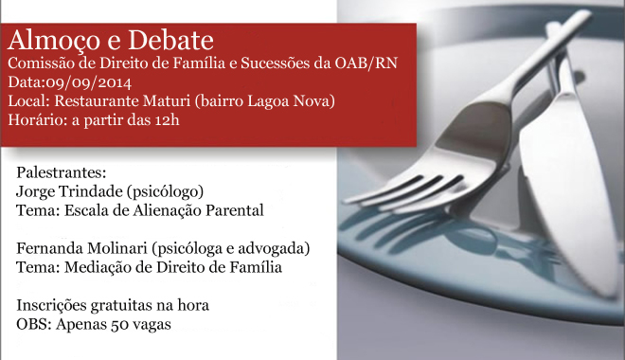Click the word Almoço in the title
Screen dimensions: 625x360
(x=55, y=41)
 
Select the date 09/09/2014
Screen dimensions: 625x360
(x=88, y=82)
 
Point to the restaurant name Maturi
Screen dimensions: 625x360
(x=167, y=100)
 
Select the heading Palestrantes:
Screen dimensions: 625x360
(x=62, y=172)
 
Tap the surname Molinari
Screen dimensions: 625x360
(x=117, y=248)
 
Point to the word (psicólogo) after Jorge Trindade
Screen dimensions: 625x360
(x=166, y=191)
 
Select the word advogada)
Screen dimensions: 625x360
(x=274, y=248)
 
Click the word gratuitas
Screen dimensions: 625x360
(x=121, y=306)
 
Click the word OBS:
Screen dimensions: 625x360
(x=34, y=324)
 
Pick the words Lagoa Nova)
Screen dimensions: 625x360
(x=292, y=101)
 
